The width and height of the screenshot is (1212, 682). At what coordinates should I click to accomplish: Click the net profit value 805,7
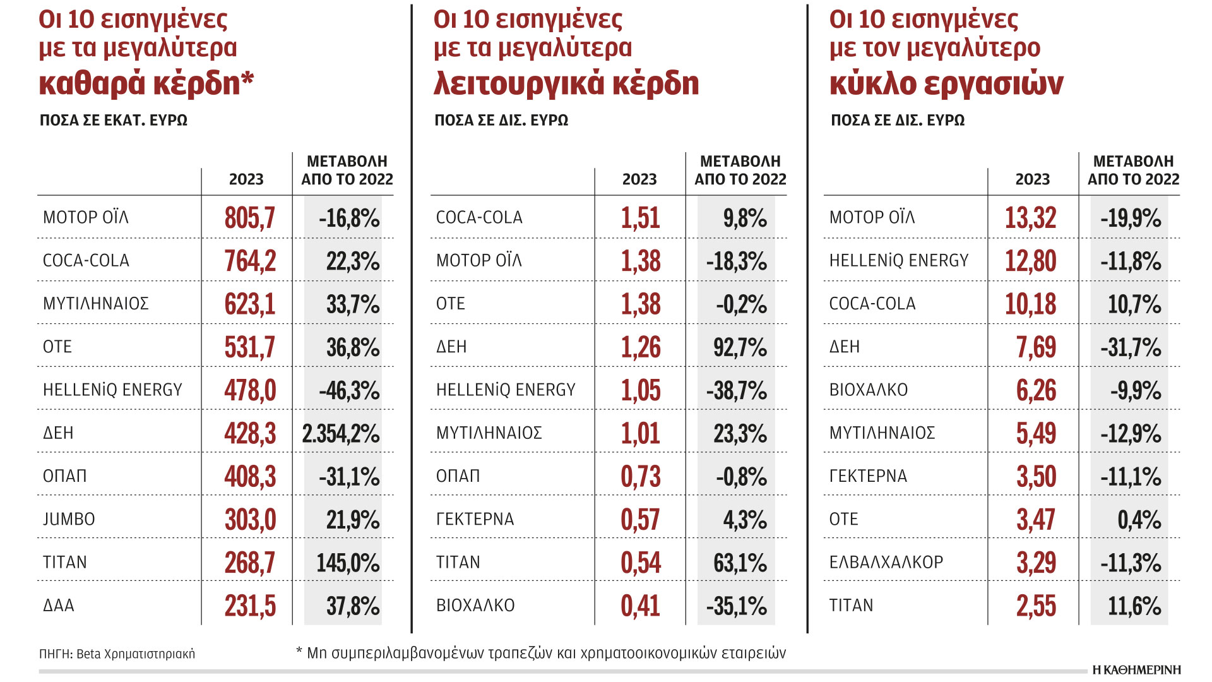tap(250, 218)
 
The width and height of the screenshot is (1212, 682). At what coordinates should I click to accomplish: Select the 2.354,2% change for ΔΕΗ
tap(341, 434)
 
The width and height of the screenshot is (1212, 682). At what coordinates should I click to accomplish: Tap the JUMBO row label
tap(69, 519)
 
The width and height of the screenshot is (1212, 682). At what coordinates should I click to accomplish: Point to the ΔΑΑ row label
tap(59, 606)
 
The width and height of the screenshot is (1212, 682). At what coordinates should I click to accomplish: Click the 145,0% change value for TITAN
tap(348, 563)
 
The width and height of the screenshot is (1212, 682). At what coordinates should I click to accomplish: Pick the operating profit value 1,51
tap(640, 218)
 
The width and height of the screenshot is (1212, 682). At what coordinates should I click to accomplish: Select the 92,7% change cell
tap(740, 347)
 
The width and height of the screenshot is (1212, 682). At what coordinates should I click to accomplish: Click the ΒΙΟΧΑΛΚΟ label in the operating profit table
tap(475, 606)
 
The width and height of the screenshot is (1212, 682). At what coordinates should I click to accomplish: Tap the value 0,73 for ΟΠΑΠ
tap(640, 477)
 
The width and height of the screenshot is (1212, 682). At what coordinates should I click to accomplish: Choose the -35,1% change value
tap(736, 606)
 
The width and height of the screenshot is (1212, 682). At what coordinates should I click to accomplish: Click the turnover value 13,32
tap(1030, 218)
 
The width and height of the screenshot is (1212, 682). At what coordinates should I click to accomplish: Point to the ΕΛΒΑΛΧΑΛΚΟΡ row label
tap(886, 562)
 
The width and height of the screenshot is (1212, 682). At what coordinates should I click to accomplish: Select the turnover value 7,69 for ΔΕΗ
tap(1036, 347)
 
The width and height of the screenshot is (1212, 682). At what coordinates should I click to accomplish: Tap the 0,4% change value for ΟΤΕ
tap(1139, 520)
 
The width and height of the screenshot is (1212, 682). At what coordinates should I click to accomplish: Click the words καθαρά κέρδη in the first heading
tap(146, 83)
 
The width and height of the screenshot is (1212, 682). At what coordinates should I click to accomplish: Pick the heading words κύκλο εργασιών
tap(946, 83)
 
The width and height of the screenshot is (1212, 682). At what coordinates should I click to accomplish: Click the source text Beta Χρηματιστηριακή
tap(135, 654)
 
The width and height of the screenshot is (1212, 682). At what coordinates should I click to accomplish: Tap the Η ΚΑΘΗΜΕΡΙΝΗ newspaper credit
tap(1136, 670)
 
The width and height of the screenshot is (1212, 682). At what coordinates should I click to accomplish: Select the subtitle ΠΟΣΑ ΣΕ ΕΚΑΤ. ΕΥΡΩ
tap(114, 121)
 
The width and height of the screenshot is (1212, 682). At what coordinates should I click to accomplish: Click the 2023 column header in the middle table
tap(639, 179)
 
